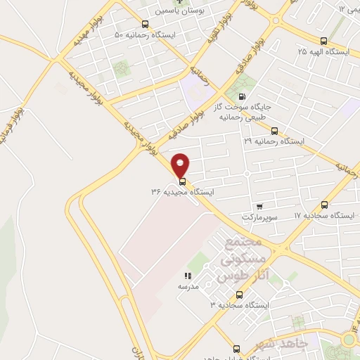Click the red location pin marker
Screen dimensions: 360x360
coord(181,165)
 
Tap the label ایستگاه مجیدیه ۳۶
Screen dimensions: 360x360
coord(181,191)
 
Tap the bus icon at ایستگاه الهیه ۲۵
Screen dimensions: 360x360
coord(323,41)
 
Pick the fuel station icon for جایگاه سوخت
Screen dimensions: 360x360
coord(243,98)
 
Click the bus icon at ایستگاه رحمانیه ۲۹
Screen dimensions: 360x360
coord(274,131)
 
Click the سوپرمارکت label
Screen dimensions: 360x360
coord(260,217)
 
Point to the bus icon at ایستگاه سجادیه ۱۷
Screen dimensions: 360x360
coord(323,205)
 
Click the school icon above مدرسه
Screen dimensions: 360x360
coord(188,276)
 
